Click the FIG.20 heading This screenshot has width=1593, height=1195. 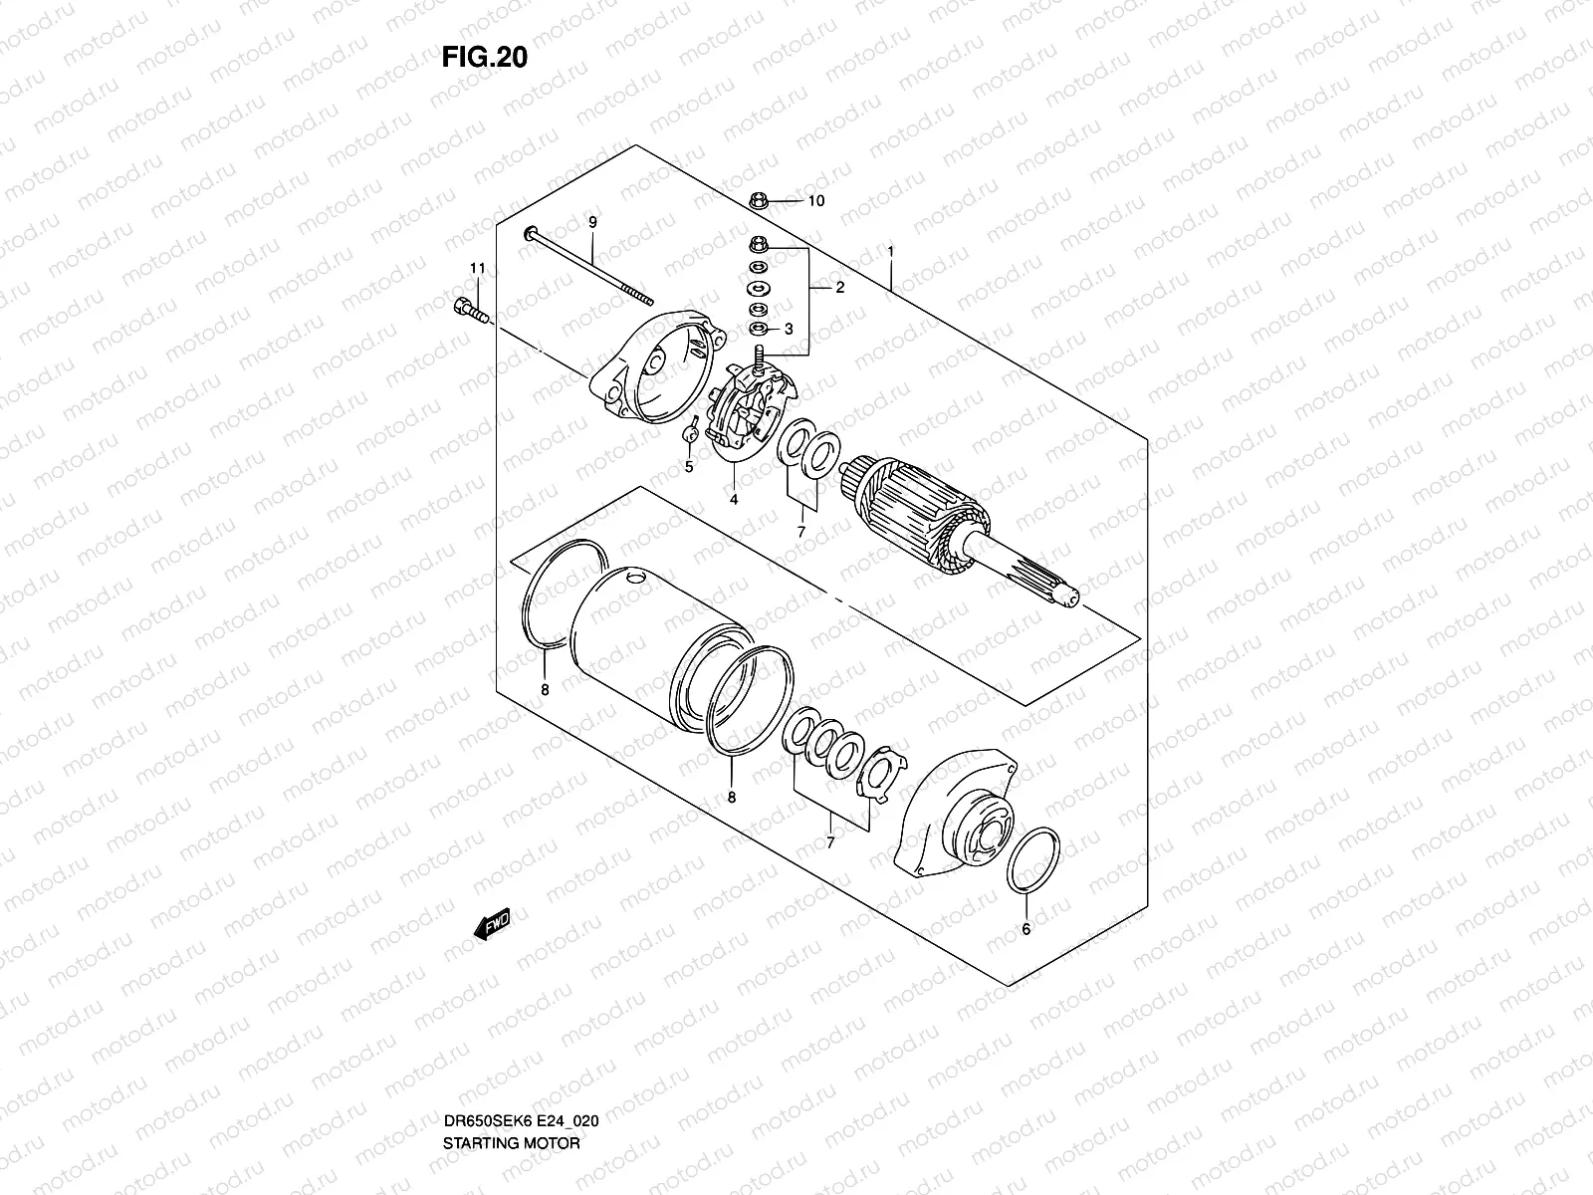click(484, 58)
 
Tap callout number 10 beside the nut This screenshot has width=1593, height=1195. click(815, 201)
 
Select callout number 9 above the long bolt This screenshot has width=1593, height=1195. click(591, 222)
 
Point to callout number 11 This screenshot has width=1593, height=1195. click(477, 269)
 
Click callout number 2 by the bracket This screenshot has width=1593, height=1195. click(839, 288)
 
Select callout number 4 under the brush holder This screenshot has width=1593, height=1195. click(733, 500)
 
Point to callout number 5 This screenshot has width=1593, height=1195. click(687, 467)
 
